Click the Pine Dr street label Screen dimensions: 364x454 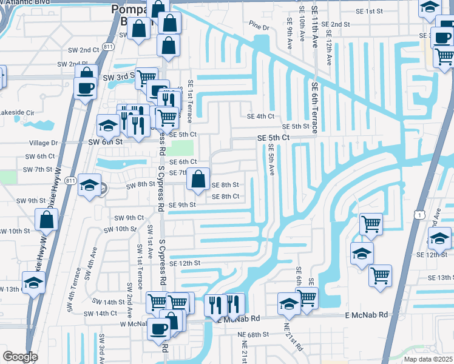[259, 27]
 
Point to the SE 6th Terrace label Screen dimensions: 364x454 [314, 107]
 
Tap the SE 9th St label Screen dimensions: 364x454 [182, 205]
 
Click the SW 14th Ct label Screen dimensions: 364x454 [100, 313]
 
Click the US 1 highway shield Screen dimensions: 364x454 [419, 214]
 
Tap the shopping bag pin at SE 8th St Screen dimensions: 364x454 [198, 180]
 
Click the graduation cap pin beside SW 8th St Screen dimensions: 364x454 [89, 186]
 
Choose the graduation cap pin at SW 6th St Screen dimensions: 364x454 [107, 126]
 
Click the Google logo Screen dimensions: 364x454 [20, 356]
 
